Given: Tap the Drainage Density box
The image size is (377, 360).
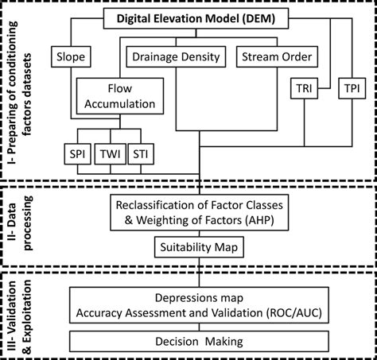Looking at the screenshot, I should tap(174, 57).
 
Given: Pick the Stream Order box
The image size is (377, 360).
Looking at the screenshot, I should tap(274, 57).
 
